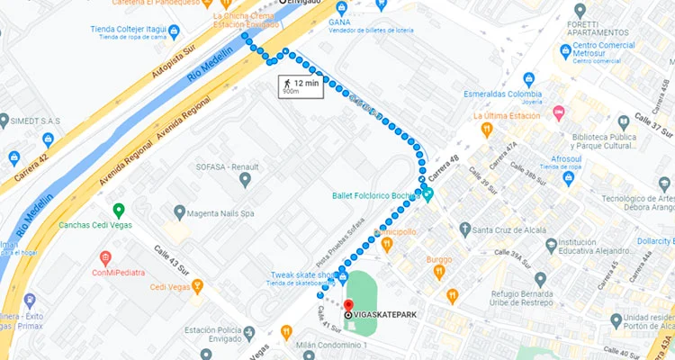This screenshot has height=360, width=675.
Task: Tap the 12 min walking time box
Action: coord(301,86)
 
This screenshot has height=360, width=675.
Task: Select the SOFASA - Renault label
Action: coord(228,166)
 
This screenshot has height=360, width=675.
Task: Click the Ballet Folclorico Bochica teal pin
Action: coord(427,194)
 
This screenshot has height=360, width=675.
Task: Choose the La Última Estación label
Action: coord(515,116)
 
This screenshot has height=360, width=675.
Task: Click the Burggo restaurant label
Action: coord(439,259)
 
